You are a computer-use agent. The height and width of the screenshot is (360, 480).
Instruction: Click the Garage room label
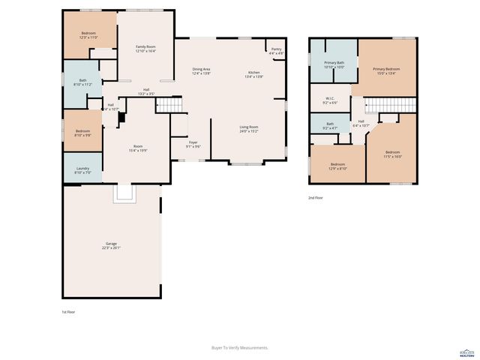tap(112, 245)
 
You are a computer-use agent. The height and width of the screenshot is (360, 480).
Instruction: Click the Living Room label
tap(249, 129)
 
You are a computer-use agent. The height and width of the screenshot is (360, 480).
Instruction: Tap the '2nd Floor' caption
tap(316, 198)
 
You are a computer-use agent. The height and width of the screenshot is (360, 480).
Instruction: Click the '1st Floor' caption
tap(68, 310)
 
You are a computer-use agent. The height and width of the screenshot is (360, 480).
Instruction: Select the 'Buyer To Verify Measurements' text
tap(240, 347)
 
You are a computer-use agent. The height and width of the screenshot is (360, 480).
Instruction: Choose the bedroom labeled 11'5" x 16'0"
tap(393, 154)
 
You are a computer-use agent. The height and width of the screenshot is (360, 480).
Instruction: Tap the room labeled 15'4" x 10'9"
tap(138, 148)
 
